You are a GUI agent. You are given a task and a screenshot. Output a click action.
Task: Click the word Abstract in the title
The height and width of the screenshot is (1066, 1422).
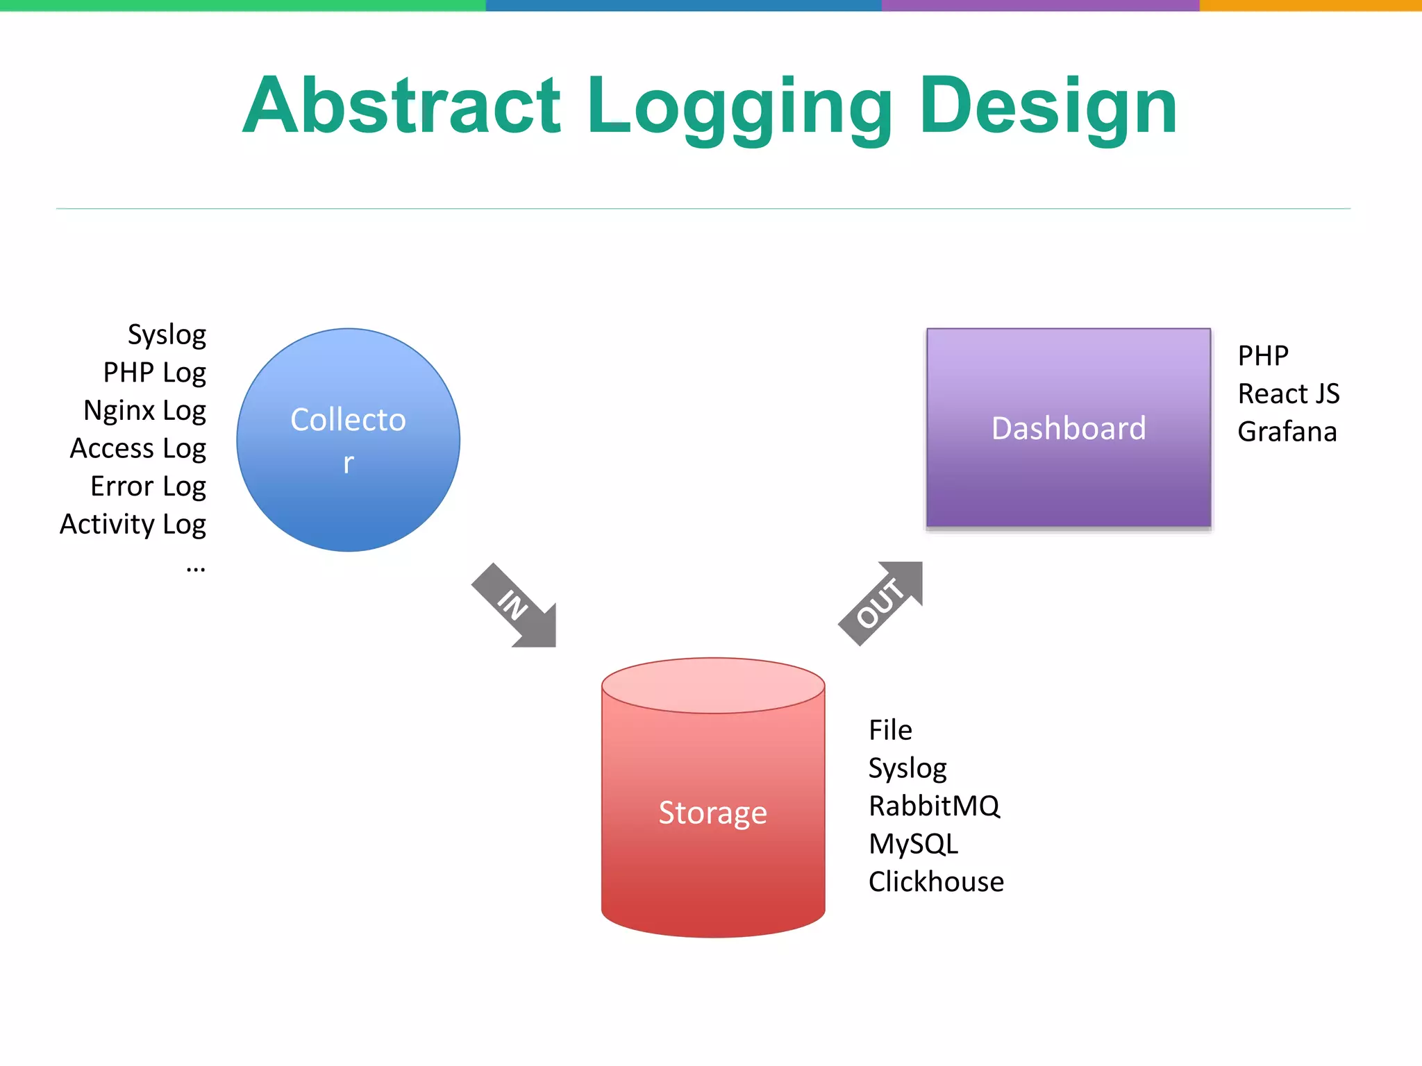pyautogui.click(x=401, y=105)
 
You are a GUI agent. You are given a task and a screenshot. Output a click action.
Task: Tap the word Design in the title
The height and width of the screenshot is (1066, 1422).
pyautogui.click(x=1048, y=105)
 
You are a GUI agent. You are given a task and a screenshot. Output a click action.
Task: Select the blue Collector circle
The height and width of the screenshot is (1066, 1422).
pyautogui.click(x=348, y=440)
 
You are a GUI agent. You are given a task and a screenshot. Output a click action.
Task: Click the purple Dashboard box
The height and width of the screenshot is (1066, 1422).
pyautogui.click(x=1069, y=428)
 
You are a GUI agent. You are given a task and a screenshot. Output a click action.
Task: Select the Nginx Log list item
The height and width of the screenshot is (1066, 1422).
pyautogui.click(x=144, y=410)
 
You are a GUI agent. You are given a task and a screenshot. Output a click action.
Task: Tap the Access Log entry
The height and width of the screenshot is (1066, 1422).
pyautogui.click(x=137, y=448)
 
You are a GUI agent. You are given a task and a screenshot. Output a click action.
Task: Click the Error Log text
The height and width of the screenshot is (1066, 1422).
pyautogui.click(x=148, y=487)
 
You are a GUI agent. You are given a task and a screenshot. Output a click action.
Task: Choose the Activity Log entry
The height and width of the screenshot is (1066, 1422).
pyautogui.click(x=133, y=524)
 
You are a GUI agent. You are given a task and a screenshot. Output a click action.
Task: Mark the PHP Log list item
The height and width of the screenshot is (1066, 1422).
pyautogui.click(x=154, y=373)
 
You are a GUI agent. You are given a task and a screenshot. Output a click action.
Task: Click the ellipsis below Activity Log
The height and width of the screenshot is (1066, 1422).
pyautogui.click(x=196, y=567)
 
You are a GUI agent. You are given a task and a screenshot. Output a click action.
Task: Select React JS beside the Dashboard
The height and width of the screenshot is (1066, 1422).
pyautogui.click(x=1288, y=394)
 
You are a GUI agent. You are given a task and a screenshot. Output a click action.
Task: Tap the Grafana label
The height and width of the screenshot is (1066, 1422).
pyautogui.click(x=1287, y=432)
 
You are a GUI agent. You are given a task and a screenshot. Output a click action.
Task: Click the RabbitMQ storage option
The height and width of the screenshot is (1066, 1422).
pyautogui.click(x=934, y=806)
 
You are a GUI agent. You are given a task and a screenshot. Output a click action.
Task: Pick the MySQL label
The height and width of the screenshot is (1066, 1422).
pyautogui.click(x=913, y=844)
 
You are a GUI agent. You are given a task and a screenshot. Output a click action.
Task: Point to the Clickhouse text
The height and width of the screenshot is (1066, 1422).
pyautogui.click(x=936, y=881)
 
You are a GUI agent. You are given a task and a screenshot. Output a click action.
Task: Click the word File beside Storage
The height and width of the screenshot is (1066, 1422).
pyautogui.click(x=890, y=730)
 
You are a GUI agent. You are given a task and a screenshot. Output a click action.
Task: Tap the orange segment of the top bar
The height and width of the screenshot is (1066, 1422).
pyautogui.click(x=1310, y=5)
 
